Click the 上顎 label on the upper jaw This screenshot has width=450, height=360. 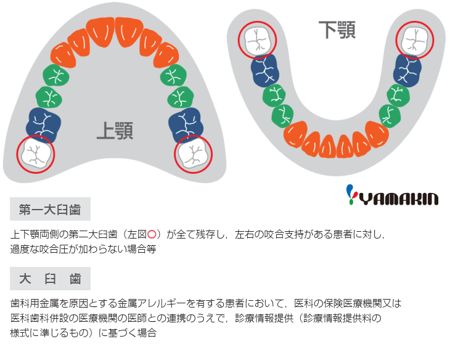click(115, 129)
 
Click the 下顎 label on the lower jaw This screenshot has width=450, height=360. click(337, 30)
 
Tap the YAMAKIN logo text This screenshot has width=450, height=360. click(399, 198)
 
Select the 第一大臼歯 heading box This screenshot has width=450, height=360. click(50, 209)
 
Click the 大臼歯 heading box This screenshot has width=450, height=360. click(50, 279)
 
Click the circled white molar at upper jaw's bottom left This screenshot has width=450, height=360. click(36, 154)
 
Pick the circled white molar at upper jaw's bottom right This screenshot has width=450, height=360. click(193, 154)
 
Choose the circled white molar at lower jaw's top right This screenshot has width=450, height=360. click(415, 39)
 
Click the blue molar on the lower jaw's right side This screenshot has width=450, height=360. click(407, 69)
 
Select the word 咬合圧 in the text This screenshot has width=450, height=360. click(68, 249)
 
